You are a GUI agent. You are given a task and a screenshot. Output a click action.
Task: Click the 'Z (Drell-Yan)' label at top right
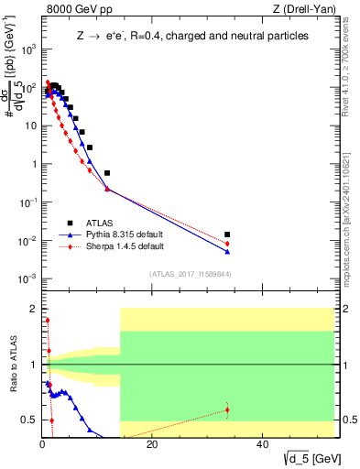tap(302, 9)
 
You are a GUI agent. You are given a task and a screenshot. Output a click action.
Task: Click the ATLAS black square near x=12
tap(107, 173)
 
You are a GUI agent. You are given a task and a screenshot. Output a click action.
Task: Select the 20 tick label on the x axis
tap(151, 445)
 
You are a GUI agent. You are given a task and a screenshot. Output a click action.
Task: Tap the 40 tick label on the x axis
tap(261, 445)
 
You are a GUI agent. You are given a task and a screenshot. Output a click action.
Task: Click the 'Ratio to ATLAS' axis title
tap(12, 365)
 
